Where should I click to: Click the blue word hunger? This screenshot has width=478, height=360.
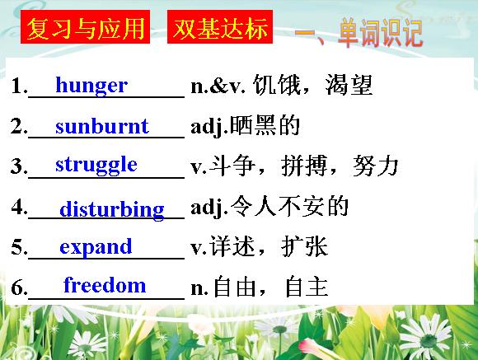(91, 86)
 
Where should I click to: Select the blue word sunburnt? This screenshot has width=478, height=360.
(102, 125)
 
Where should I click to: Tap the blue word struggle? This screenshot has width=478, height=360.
(96, 166)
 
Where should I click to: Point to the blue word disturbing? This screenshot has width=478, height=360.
(112, 210)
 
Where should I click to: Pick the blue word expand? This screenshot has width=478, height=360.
(96, 247)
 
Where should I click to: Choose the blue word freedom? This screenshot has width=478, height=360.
(105, 285)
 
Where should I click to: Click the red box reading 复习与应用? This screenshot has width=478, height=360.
(86, 27)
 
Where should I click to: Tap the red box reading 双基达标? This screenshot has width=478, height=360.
(220, 27)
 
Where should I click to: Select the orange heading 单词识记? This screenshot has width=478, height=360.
(380, 33)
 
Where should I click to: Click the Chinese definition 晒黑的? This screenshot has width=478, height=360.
(265, 125)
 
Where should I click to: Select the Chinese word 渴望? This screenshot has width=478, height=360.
(349, 85)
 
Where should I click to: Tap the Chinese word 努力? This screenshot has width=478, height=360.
(376, 166)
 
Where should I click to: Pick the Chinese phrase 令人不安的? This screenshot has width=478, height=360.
(289, 206)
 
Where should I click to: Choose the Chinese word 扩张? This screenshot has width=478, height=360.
(304, 246)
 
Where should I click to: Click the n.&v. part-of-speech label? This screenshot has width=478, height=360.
(218, 86)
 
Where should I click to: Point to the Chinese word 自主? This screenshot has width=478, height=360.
(307, 287)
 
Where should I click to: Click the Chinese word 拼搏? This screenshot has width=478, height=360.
(304, 166)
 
